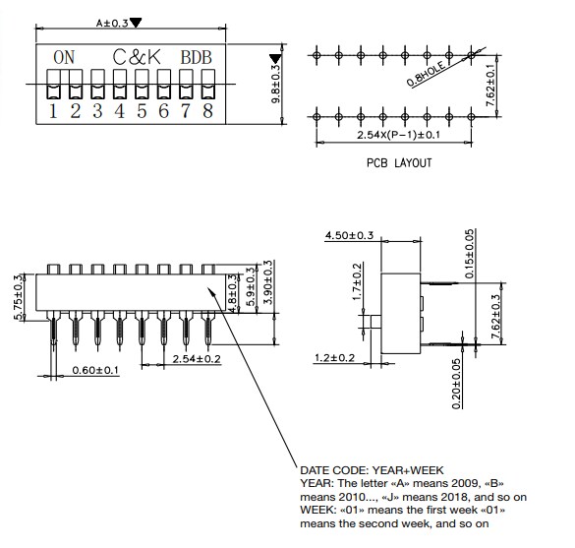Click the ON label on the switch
[64, 57]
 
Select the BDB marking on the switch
[197, 57]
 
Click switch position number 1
[53, 110]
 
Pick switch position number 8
[207, 110]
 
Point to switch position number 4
[120, 110]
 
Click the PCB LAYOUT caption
[398, 163]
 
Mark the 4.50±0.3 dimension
[349, 235]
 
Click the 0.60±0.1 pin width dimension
[95, 370]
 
